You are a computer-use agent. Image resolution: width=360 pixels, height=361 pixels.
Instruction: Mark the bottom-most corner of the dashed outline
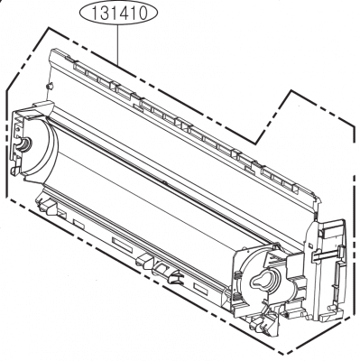[x=287, y=352]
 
